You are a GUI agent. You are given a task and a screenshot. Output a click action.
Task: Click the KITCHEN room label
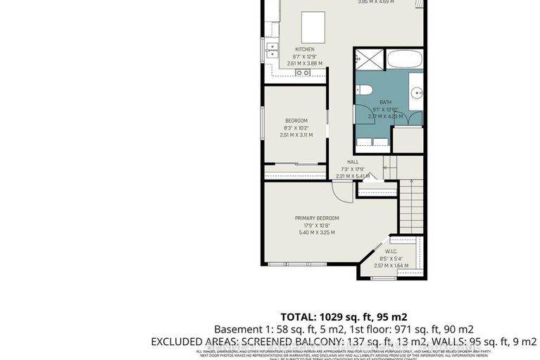coord(304,49)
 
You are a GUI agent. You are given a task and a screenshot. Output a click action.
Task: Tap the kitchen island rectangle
coord(310,27)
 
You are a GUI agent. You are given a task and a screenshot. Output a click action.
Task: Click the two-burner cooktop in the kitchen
coord(303,72)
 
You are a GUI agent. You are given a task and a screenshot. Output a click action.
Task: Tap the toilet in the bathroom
coord(363,89)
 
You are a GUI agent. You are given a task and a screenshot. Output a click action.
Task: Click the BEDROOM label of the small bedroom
coord(296,121)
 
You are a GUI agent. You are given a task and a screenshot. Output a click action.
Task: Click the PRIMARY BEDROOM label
coord(317,218)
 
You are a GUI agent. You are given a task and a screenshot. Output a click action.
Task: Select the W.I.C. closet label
coord(392,252)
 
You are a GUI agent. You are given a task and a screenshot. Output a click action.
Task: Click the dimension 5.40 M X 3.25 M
coord(317,232)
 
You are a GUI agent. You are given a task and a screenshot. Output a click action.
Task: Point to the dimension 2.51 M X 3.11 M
coord(296,135)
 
